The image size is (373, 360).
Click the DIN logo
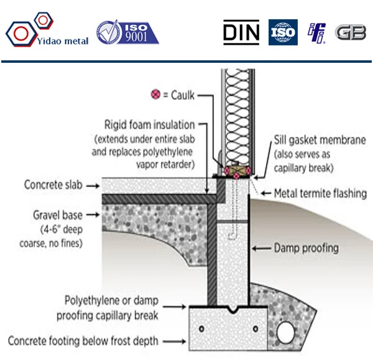[241, 32]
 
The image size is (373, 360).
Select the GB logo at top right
[351, 32]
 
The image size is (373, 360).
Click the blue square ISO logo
[283, 32]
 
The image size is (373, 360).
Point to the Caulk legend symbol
[155, 96]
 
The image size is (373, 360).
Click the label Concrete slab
[53, 185]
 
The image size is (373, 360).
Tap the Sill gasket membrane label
[318, 140]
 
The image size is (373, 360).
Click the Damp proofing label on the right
[306, 248]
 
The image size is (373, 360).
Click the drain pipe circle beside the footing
[287, 331]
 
